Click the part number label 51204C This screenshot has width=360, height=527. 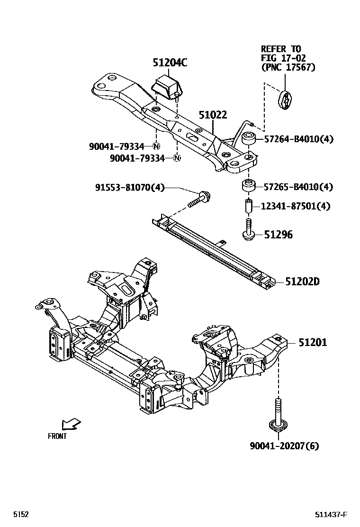[170, 63]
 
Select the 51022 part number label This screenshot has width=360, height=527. [213, 115]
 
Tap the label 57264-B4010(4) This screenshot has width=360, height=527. [298, 139]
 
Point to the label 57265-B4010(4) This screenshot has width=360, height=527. [298, 187]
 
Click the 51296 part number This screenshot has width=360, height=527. [278, 235]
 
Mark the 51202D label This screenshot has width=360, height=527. [302, 282]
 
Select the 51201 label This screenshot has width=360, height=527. [312, 343]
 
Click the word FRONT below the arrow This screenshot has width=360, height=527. [57, 436]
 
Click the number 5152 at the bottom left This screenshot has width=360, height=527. [21, 515]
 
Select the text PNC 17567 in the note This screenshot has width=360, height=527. [288, 67]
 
